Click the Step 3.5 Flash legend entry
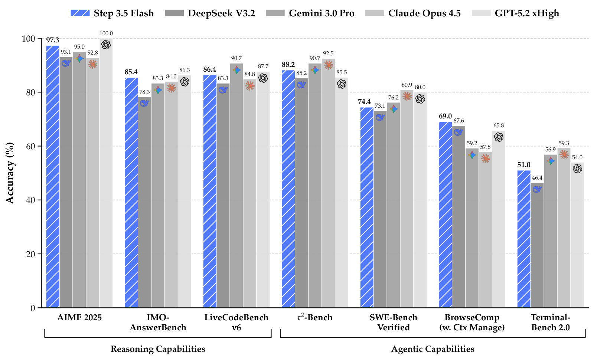point(112,13)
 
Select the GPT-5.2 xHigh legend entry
point(515,13)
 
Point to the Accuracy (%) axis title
point(10,173)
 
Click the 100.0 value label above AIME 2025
point(106,33)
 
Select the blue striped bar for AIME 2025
point(53,177)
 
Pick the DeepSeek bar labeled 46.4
point(537,245)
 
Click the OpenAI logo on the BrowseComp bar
point(499,137)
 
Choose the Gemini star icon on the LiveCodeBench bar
point(236,70)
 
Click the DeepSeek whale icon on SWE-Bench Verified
point(380,117)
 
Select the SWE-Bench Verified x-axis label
point(394,323)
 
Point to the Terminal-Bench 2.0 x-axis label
point(551,323)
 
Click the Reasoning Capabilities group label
point(158,349)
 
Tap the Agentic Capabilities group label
point(433,349)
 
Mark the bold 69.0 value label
point(445,116)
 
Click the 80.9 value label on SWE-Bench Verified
point(407,85)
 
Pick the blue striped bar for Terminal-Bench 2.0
point(524,239)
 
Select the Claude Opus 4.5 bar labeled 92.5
point(328,183)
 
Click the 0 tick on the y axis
point(33,308)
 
